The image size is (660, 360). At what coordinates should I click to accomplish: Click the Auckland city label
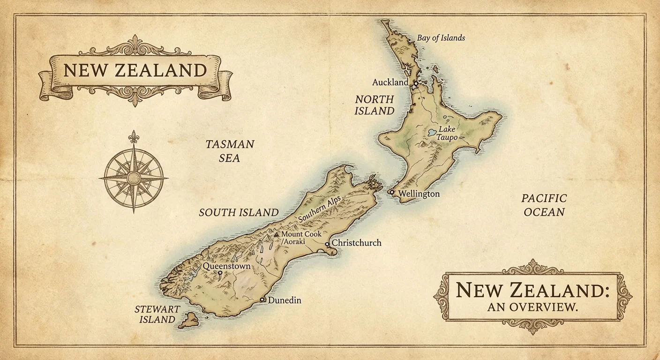(x=390, y=82)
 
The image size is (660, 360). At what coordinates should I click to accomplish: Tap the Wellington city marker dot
(x=392, y=192)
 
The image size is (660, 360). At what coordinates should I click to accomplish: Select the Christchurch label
(x=356, y=243)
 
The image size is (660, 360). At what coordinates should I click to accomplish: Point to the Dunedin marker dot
(x=262, y=300)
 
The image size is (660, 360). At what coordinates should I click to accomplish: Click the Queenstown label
(x=226, y=266)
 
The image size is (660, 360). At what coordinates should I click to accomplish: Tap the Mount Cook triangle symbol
(x=277, y=234)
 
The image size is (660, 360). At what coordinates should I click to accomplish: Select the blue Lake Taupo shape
(x=432, y=133)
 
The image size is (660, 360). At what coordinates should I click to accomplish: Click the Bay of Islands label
(x=441, y=38)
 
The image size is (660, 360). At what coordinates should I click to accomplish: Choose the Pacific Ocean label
(x=544, y=205)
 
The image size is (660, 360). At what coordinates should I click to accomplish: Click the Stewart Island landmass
(x=189, y=321)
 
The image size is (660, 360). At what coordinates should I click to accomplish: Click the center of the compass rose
(x=134, y=178)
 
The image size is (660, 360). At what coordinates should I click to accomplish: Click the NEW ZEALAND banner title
(x=135, y=70)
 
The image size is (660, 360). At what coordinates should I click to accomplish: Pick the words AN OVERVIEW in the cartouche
(x=532, y=307)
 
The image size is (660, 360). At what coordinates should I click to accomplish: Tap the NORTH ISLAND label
(x=374, y=105)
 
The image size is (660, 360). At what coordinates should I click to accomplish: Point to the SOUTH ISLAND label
(x=239, y=212)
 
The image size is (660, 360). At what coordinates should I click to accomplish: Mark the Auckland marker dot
(x=415, y=83)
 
